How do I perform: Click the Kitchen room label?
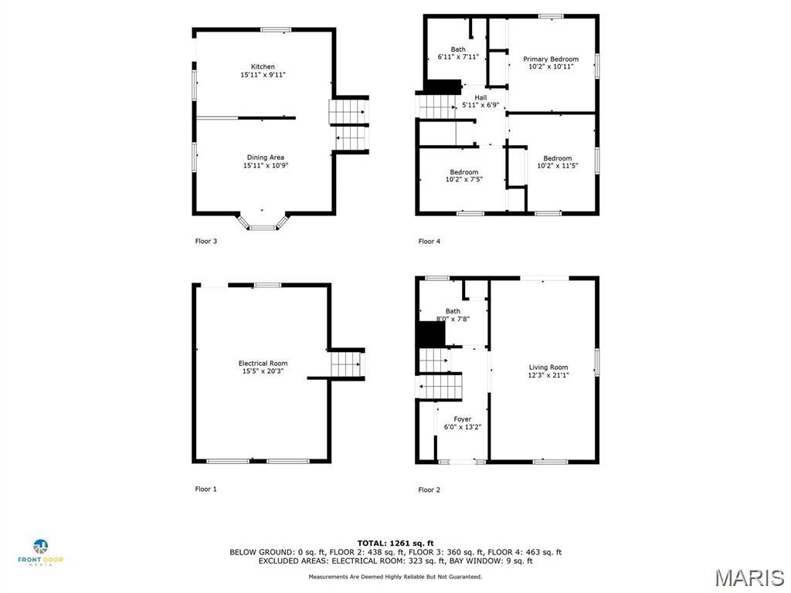point(263,67)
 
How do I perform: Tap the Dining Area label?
point(265,158)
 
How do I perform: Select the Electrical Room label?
point(263,364)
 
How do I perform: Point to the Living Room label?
point(548,368)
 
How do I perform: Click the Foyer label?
point(462,419)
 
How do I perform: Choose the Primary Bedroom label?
point(551,59)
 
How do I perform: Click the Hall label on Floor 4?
point(480,98)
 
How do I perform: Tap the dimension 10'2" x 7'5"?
point(463,180)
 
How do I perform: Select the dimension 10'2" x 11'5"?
point(557,166)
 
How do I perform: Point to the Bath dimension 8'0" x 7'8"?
point(453,319)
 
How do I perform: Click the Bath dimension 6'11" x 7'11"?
point(458,57)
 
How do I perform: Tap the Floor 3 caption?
point(205,241)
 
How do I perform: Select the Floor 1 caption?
point(205,489)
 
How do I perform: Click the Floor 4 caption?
point(429,241)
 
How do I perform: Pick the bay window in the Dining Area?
point(263,222)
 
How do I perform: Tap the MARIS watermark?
point(749,578)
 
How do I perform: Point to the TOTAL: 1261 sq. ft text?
point(395,543)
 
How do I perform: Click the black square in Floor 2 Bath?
point(431,334)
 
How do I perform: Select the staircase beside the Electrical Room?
point(347,363)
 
